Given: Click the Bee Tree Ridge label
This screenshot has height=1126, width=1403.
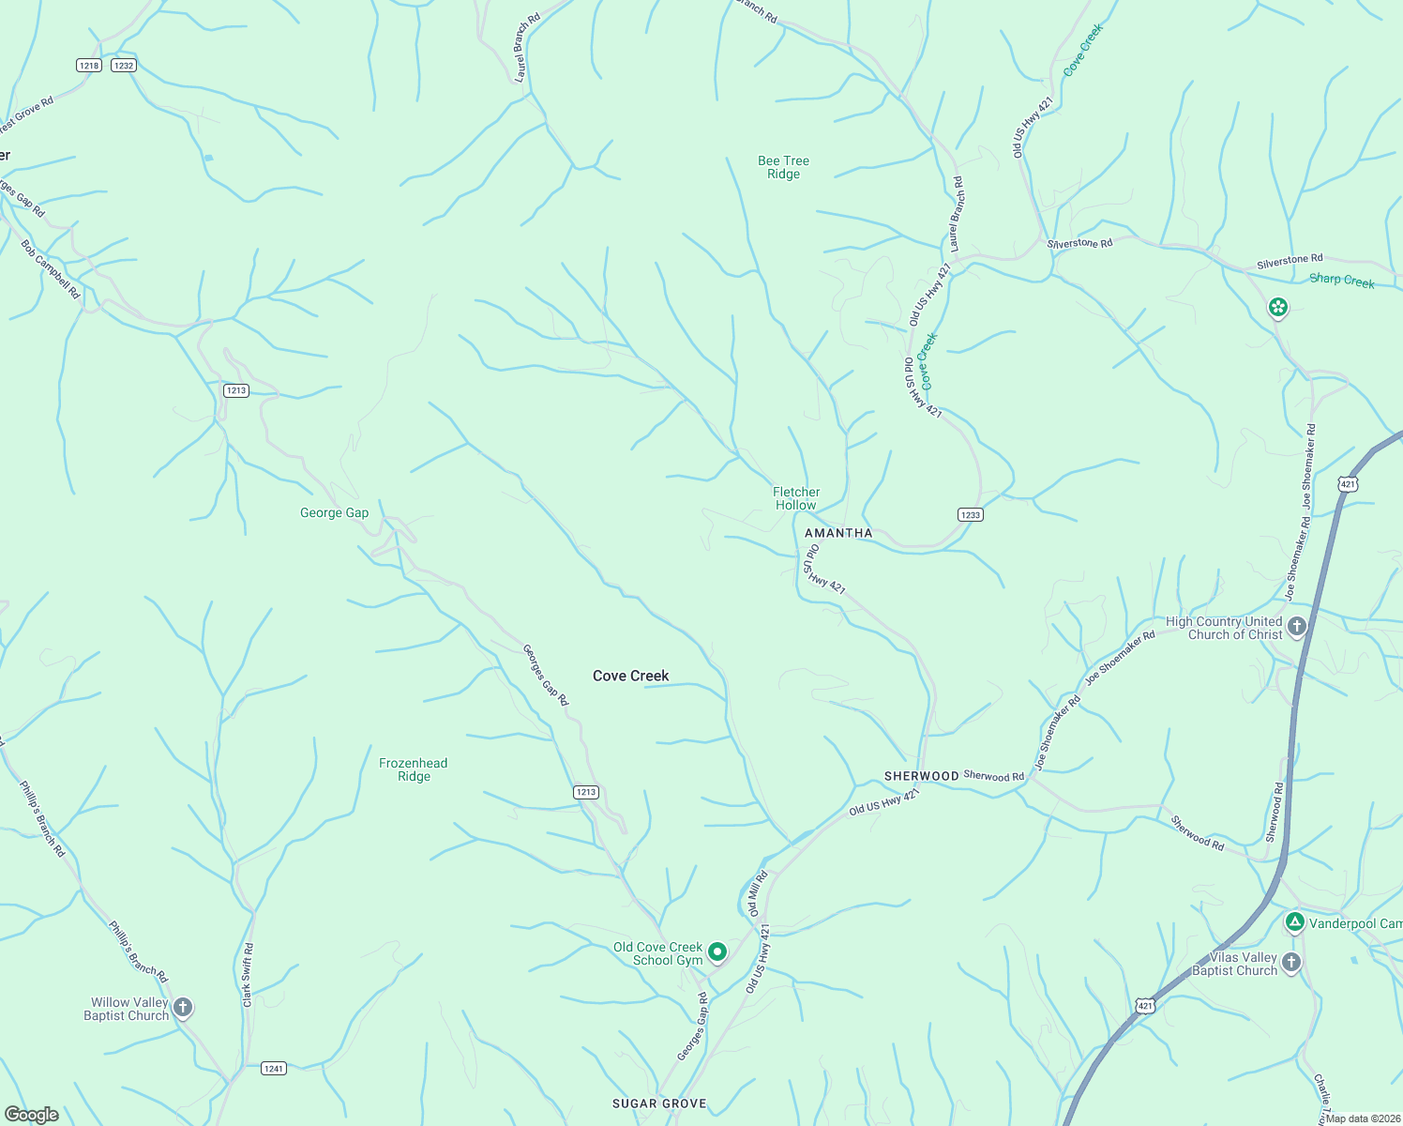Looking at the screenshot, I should (783, 167).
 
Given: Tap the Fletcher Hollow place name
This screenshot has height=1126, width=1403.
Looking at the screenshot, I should (796, 498).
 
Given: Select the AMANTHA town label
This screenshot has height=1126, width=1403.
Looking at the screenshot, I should (838, 533).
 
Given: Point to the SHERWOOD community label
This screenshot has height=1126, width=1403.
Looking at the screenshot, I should (921, 776).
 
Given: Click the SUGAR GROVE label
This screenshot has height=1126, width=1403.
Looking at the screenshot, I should (659, 1103).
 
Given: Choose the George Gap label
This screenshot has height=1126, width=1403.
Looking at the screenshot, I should (334, 512).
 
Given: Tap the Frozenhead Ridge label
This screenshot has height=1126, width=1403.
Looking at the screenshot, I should (413, 769).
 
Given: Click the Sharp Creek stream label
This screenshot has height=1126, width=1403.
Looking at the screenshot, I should (1341, 280).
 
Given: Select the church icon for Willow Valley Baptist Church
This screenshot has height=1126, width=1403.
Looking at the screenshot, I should (183, 1009).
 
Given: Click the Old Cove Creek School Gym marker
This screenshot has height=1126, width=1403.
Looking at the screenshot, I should (717, 952).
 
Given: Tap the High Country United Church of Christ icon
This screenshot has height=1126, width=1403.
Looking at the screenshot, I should (1297, 627).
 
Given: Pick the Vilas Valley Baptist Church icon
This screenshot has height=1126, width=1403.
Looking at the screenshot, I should (1291, 963).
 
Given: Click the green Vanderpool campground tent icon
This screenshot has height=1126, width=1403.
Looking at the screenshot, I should (1294, 922).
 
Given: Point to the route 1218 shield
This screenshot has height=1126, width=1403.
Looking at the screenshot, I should (89, 65).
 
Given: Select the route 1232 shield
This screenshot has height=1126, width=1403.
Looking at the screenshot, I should (123, 65).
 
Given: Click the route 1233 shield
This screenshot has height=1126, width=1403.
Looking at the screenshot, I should (970, 514).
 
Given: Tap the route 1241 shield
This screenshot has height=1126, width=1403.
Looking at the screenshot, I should (273, 1068).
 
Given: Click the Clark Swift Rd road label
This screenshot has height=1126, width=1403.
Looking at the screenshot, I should (248, 976).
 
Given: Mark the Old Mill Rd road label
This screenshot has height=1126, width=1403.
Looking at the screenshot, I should (758, 893).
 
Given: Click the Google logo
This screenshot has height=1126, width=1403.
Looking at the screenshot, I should (31, 1115).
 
